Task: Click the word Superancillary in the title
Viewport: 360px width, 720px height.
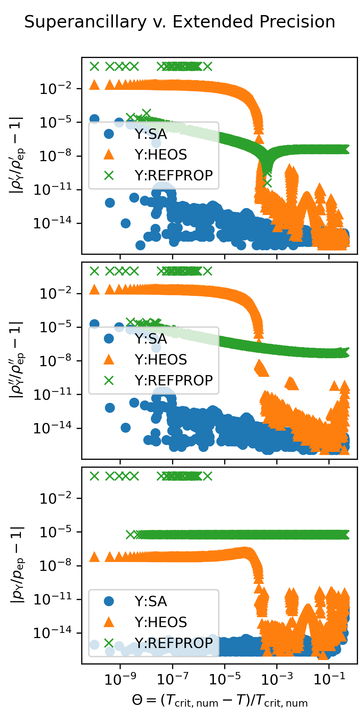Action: pos(85,22)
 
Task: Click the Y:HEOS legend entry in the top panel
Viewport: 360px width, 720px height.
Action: pos(161,155)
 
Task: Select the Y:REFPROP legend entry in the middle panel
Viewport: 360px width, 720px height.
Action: pos(173,380)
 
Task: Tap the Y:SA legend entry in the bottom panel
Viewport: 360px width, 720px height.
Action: pos(151,601)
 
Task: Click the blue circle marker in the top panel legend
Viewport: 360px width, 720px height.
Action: pos(109,134)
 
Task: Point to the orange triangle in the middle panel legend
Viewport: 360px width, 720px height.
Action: pos(109,359)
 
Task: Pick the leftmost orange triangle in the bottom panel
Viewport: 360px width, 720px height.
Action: pos(94,557)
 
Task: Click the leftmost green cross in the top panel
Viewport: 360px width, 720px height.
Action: pos(94,66)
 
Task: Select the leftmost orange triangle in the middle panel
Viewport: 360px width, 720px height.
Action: pos(94,290)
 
